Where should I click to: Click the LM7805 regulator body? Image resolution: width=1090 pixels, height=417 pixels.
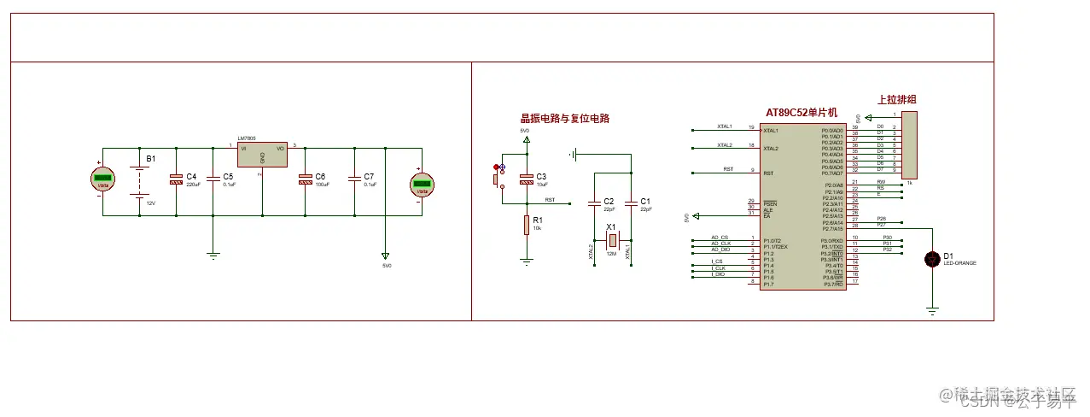pos(261,156)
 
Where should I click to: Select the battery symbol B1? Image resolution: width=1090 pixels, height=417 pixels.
pos(138,180)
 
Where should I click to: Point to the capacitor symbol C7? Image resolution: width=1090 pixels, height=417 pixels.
pos(354,179)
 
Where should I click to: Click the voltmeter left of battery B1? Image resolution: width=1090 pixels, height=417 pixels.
pos(103,179)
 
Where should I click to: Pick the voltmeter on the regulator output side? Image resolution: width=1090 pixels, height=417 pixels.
pos(421,183)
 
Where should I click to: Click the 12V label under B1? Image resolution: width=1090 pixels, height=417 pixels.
pos(151,203)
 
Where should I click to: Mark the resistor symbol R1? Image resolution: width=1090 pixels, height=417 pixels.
pos(527,225)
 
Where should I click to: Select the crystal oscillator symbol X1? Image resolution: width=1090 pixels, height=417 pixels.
pos(611,239)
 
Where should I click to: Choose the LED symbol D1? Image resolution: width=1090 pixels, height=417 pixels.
pos(932,259)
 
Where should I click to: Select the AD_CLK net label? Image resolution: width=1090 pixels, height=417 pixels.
pos(720,244)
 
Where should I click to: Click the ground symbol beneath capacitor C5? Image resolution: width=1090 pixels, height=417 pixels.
pos(213,254)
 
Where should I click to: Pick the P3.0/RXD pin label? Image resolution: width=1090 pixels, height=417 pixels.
pos(831,240)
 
